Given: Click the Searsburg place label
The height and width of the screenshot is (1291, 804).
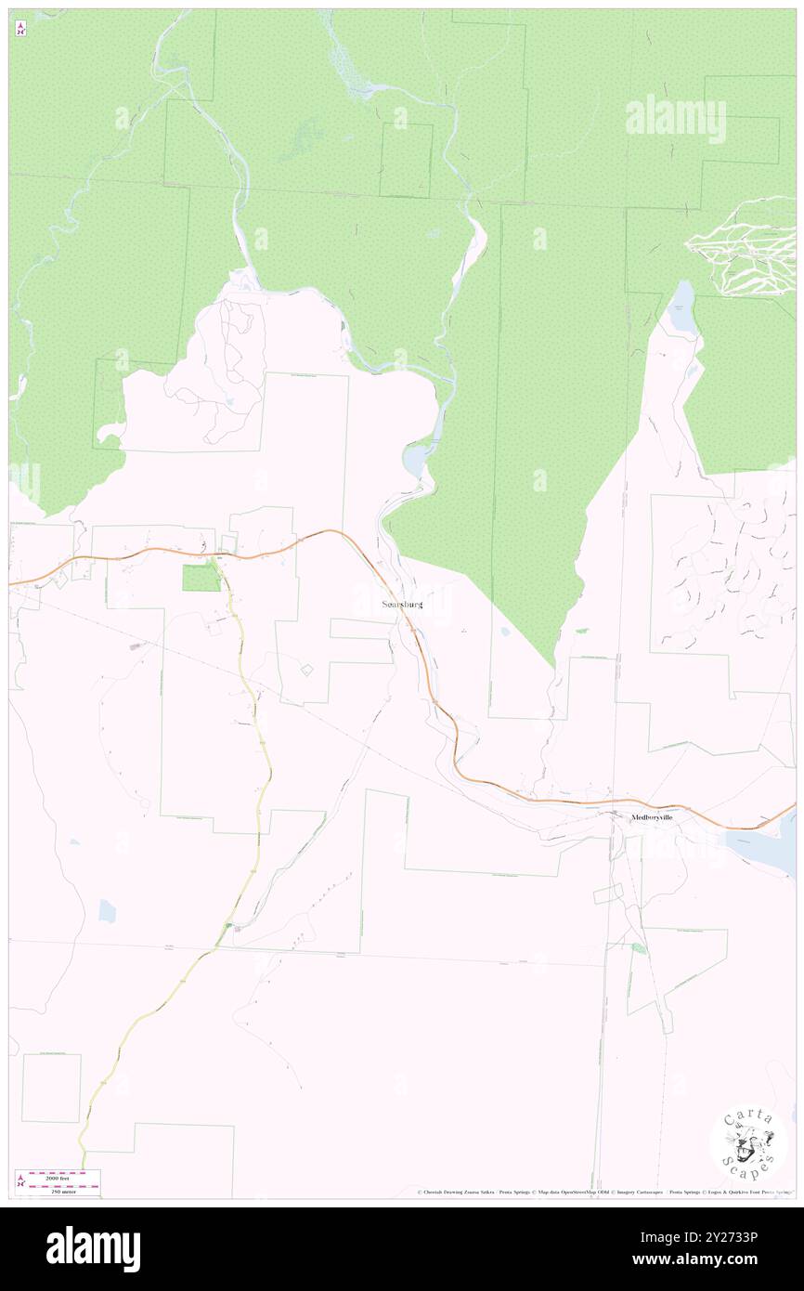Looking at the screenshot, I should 402,605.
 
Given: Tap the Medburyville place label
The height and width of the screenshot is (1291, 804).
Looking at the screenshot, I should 651,818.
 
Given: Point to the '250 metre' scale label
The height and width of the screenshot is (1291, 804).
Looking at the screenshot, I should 63,1191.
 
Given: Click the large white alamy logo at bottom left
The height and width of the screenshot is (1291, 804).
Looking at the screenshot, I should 93,1249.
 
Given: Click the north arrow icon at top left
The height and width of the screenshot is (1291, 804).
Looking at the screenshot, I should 20,28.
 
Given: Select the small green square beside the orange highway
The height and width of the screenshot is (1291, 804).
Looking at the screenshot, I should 201,578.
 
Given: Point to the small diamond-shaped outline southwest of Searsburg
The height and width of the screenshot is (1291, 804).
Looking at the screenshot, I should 305,669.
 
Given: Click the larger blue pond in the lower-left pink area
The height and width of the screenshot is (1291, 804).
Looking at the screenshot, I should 107,911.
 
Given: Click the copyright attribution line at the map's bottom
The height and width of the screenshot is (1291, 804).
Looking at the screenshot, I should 603,1192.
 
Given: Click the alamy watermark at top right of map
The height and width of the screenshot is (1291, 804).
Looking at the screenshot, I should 675,119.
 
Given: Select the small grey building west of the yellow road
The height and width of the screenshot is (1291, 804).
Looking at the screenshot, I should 136,645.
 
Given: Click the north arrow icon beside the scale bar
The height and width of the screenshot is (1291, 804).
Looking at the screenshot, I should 19,1181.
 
